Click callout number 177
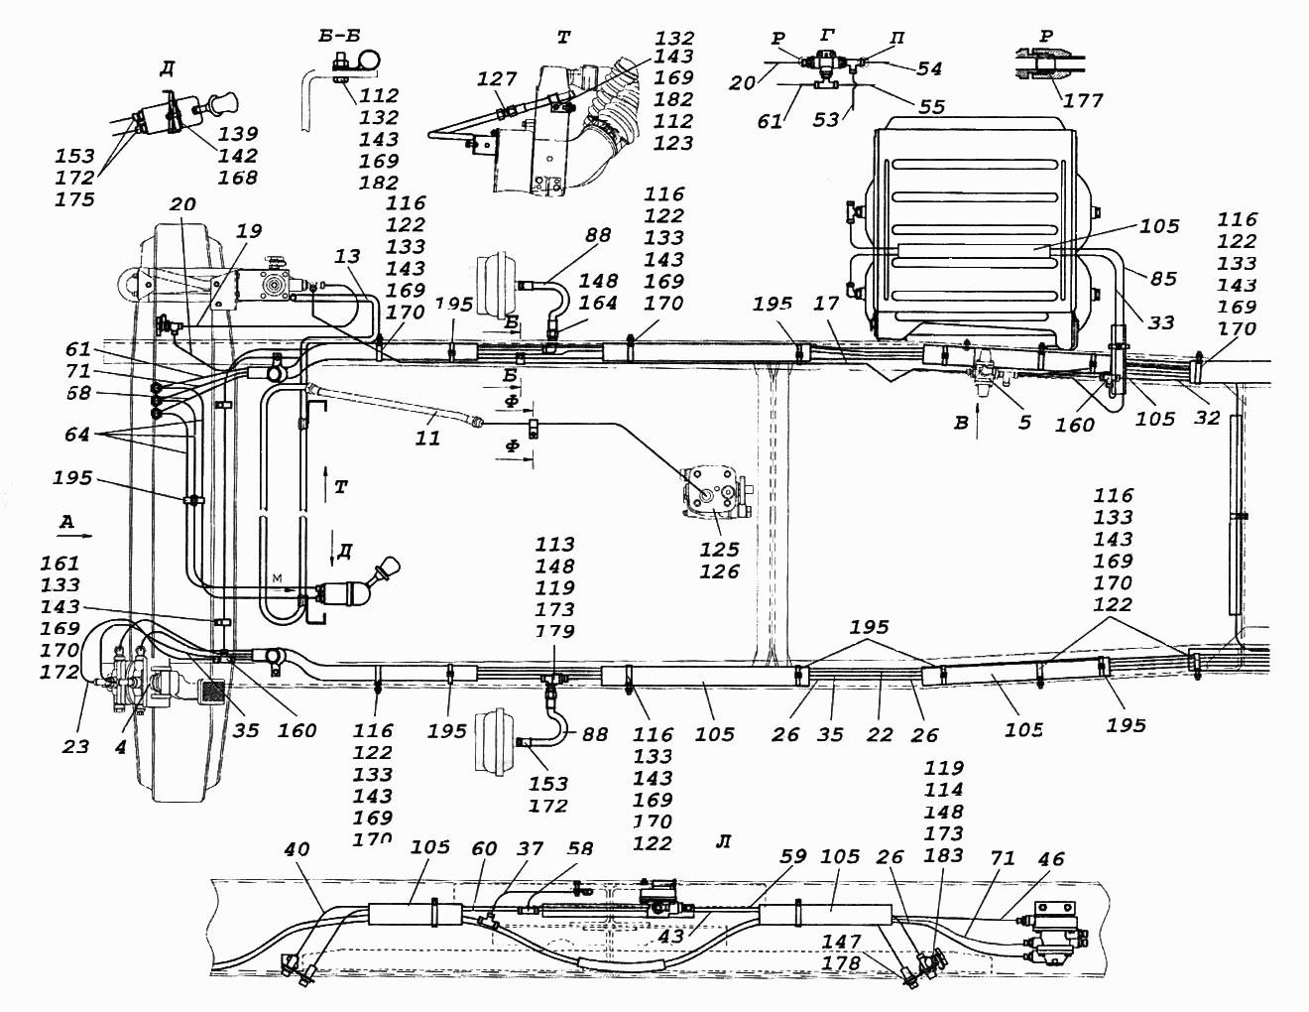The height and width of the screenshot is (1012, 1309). [1082, 99]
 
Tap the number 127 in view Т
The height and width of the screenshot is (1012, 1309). [497, 78]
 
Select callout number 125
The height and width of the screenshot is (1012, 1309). [719, 549]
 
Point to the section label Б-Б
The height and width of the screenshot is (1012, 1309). [339, 36]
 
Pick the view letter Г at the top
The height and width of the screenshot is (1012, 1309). [828, 36]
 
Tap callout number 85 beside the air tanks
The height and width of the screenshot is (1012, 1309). [1162, 278]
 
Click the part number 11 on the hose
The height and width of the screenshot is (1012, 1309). [427, 437]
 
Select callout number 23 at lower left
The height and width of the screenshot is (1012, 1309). [75, 746]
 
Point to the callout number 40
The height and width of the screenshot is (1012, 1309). [296, 848]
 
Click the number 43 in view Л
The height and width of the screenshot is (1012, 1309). [670, 936]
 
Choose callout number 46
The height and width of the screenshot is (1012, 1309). [1050, 858]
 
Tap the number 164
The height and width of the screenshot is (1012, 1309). [598, 302]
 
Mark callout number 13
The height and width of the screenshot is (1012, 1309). [347, 256]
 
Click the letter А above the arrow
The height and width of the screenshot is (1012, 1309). [66, 521]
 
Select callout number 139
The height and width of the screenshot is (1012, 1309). [237, 133]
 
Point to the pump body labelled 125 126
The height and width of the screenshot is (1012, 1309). [716, 492]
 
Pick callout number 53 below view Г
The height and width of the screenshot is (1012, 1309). [825, 119]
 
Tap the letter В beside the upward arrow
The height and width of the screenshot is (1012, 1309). [961, 423]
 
